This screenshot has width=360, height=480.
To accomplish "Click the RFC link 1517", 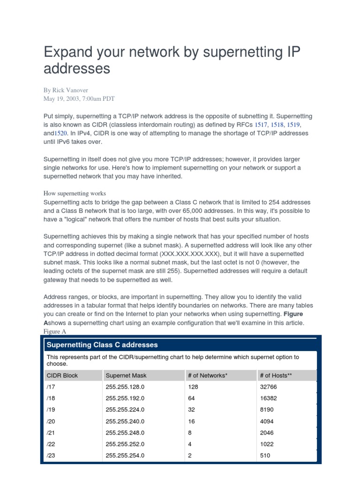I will click(x=262, y=125).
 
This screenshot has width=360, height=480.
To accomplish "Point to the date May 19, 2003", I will click(x=63, y=98).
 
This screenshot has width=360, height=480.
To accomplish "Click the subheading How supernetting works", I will click(x=75, y=193).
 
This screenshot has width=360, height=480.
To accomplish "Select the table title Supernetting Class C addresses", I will click(x=102, y=345).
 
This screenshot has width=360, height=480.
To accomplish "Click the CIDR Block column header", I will click(x=62, y=375).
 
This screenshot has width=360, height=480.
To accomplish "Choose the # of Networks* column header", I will click(x=208, y=375).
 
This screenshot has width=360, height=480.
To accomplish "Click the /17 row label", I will click(x=51, y=387).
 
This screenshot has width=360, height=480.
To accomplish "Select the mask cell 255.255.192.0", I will click(x=125, y=398).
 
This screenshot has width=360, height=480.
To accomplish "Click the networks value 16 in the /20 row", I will click(x=191, y=421).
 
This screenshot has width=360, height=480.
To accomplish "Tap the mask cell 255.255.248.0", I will click(x=125, y=433).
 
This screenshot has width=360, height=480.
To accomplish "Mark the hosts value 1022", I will click(x=267, y=444).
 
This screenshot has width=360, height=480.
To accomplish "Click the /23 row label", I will click(x=51, y=455).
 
